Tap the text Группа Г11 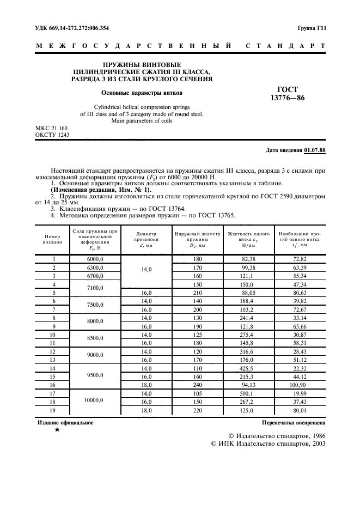click(312, 28)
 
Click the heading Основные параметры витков click(142, 93)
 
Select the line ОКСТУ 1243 click(52, 135)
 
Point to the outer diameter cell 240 click(197, 384)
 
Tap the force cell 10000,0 click(95, 401)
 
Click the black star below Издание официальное click(57, 430)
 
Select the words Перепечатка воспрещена click(294, 422)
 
